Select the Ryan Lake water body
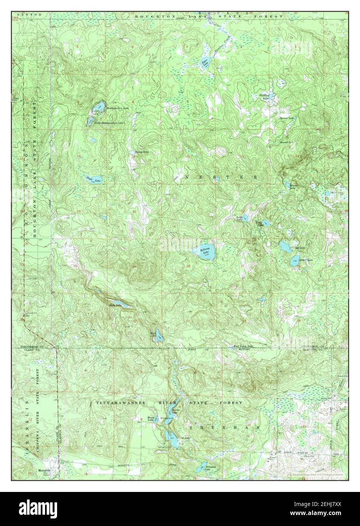205,63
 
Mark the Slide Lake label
115,305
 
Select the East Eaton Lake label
242,346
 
